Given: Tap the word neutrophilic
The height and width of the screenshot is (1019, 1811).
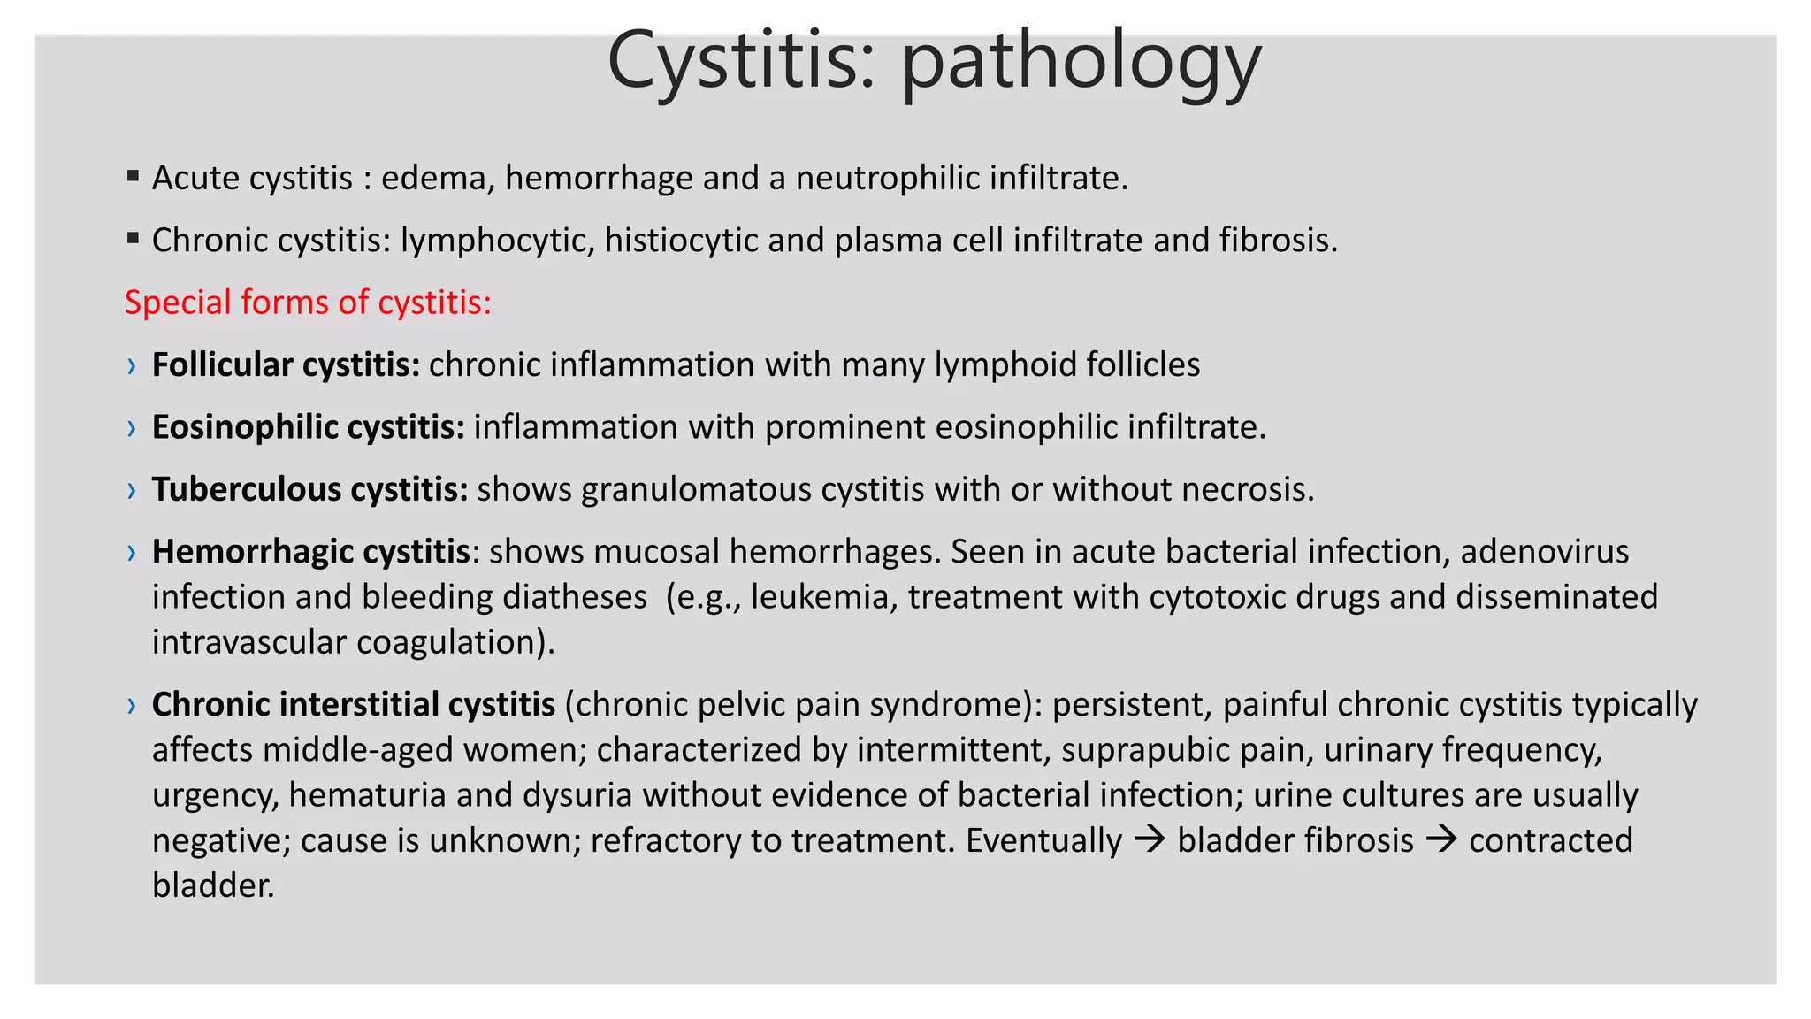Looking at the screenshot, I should (888, 179).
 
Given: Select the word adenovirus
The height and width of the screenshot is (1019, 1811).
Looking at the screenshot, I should (1544, 552).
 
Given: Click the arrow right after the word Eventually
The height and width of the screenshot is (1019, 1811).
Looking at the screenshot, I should (1150, 839).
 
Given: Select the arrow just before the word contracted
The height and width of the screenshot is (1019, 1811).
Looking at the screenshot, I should (1441, 839).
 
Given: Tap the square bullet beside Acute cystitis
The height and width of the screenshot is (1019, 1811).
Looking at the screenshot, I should (133, 176).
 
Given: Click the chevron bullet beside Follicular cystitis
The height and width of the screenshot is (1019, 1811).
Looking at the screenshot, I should (132, 366).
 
